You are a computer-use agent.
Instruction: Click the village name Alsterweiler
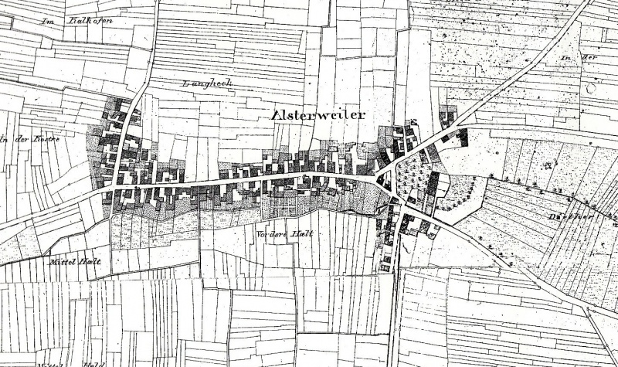click(x=317, y=114)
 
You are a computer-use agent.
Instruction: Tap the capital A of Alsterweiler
click(x=276, y=114)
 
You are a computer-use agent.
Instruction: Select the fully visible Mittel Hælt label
click(x=76, y=263)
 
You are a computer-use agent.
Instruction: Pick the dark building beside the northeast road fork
click(x=462, y=138)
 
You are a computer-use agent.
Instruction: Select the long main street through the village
click(x=247, y=182)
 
